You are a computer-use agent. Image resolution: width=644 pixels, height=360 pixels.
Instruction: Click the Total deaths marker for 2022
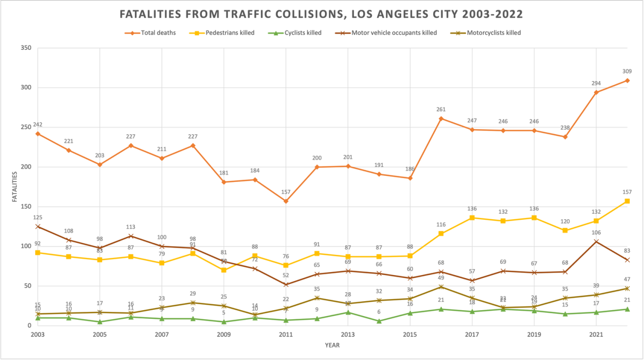[x=627, y=80]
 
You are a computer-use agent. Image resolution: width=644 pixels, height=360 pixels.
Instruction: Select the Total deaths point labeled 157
[x=286, y=201]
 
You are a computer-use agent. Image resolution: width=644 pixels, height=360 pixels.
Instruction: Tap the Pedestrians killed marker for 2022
[x=627, y=201]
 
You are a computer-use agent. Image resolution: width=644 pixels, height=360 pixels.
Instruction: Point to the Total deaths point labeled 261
[x=441, y=119]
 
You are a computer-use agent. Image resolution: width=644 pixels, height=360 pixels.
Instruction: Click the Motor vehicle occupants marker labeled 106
[x=596, y=242]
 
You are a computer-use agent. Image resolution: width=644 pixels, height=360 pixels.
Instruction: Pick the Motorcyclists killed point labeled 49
[x=441, y=287]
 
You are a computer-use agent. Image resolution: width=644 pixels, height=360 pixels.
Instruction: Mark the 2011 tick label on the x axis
[x=286, y=334]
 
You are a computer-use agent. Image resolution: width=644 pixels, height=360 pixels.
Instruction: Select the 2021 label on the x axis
[x=596, y=334]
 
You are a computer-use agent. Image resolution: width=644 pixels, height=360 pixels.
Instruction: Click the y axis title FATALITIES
[x=15, y=187]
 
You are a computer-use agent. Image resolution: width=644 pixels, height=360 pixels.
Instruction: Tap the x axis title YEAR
[x=332, y=345]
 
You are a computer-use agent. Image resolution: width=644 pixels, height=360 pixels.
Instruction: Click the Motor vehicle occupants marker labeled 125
[x=37, y=226]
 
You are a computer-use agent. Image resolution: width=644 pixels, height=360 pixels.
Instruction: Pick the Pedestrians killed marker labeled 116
[x=441, y=234]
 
